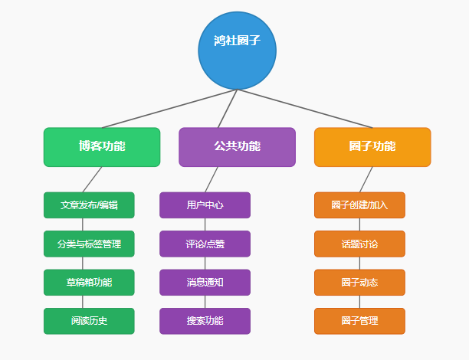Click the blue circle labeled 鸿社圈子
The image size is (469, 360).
coord(237,50)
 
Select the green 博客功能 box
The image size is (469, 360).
coord(102,146)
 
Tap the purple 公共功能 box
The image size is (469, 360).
coord(237,146)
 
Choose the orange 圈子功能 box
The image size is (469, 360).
coord(372,146)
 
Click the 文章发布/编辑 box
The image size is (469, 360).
coord(89,205)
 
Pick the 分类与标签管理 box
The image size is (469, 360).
coord(89,244)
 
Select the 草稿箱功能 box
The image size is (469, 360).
coord(89,283)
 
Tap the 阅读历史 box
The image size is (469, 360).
coord(89,321)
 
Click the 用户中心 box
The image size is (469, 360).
coord(205,205)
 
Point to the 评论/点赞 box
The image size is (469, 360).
coord(205,244)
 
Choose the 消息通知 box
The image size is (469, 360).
coord(205,283)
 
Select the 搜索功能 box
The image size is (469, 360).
coord(205,321)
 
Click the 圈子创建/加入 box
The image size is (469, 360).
coord(359,205)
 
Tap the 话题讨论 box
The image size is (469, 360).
coord(359,244)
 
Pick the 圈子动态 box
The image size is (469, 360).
coord(359,283)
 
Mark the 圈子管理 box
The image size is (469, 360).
coord(359,321)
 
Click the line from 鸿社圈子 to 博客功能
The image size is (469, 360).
coord(169,108)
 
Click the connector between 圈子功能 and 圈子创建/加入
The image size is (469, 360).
coord(366,178)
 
